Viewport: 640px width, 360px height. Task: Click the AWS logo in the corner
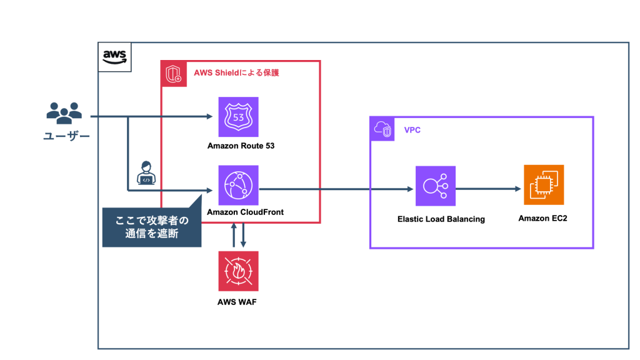pyautogui.click(x=115, y=57)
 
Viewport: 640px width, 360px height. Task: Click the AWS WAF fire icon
pyautogui.click(x=238, y=271)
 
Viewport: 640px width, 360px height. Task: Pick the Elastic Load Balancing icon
pyautogui.click(x=436, y=186)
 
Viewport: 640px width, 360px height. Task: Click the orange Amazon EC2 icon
pyautogui.click(x=543, y=185)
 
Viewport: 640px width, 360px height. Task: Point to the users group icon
pyautogui.click(x=64, y=113)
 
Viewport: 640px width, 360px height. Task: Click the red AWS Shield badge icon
pyautogui.click(x=172, y=73)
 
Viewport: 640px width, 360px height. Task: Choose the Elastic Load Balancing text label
pyautogui.click(x=441, y=219)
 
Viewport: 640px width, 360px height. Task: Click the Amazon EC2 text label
pyautogui.click(x=542, y=218)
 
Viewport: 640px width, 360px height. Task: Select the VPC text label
pyautogui.click(x=412, y=130)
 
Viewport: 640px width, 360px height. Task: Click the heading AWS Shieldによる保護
pyautogui.click(x=236, y=73)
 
